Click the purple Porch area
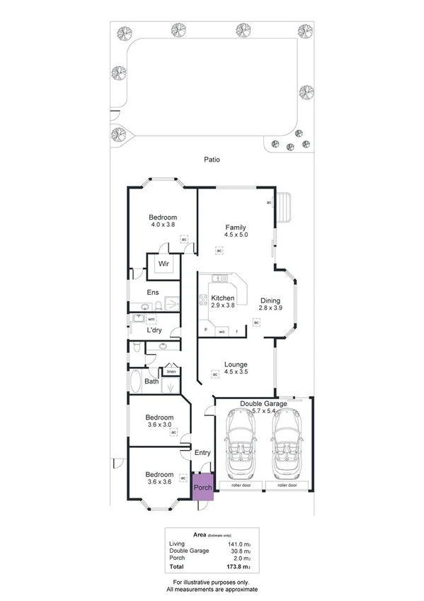(x=203, y=487)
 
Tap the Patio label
(x=210, y=159)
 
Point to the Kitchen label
(x=222, y=298)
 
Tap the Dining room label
(x=270, y=300)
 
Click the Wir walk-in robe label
(x=164, y=264)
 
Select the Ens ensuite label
(x=153, y=292)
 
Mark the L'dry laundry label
(x=154, y=330)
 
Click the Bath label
(x=151, y=381)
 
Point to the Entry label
(x=202, y=453)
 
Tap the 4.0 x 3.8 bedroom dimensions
(x=163, y=225)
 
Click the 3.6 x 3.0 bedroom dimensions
(x=159, y=425)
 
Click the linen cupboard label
(x=171, y=371)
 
